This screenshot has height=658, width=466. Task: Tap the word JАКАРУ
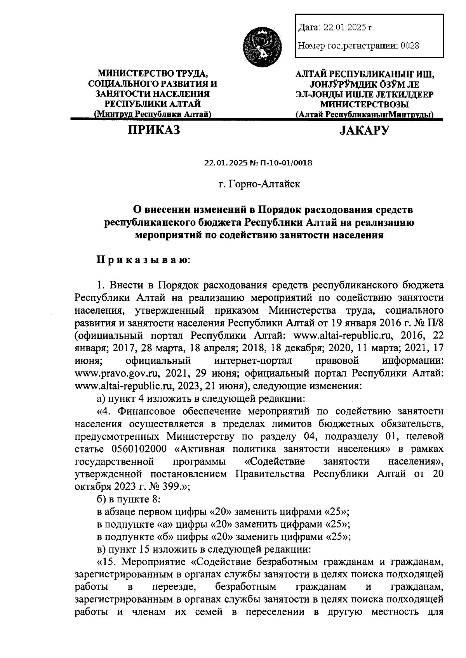click(364, 130)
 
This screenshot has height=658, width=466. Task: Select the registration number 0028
click(410, 46)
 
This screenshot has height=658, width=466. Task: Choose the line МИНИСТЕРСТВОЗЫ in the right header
click(364, 104)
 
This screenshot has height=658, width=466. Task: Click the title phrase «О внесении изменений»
click(189, 210)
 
